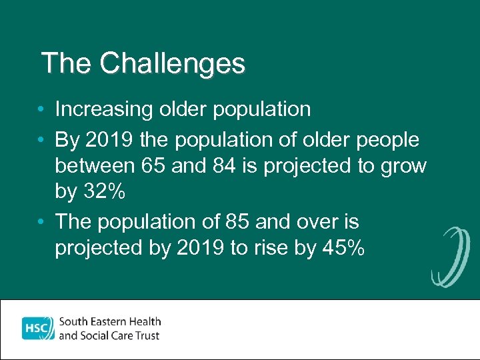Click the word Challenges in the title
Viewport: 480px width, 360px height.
[x=173, y=64]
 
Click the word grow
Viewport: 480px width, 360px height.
[x=403, y=165]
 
